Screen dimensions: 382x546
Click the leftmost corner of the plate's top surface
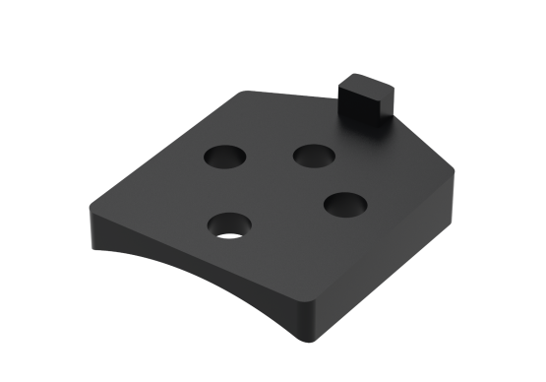(91, 213)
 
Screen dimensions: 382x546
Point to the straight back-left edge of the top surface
(167, 148)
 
